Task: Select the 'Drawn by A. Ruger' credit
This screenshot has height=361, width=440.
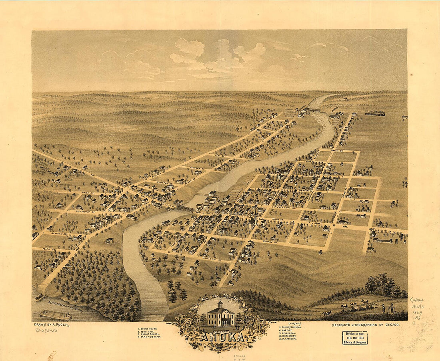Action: click(x=52, y=325)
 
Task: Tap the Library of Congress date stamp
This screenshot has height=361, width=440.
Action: click(x=354, y=338)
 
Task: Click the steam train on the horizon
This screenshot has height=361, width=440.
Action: click(x=375, y=114)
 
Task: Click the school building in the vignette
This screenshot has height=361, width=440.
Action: click(x=220, y=315)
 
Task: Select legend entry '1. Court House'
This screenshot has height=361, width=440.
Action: click(x=148, y=329)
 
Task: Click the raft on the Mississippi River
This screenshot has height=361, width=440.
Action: click(x=55, y=315)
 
